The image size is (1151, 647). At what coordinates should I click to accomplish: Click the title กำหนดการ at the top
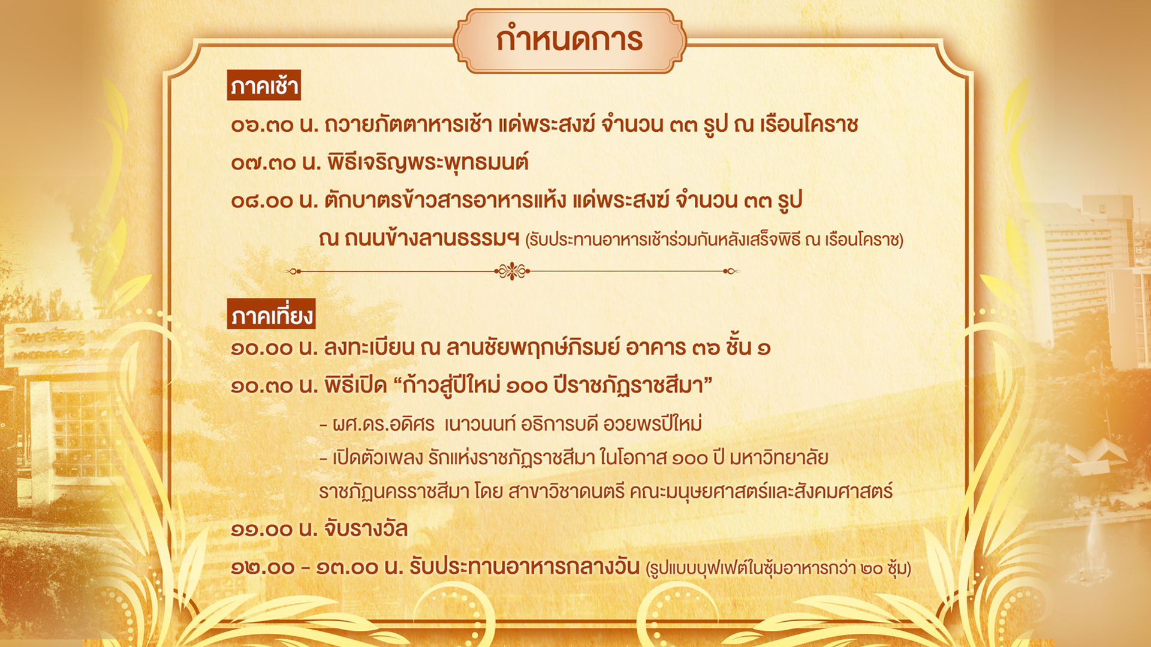click(x=570, y=40)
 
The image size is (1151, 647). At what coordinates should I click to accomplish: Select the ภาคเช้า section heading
click(x=264, y=86)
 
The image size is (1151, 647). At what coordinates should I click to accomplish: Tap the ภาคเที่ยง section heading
click(x=271, y=314)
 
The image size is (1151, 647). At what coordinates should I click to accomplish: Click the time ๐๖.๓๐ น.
click(x=275, y=125)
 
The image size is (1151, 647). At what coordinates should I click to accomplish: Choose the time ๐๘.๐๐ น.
click(x=275, y=201)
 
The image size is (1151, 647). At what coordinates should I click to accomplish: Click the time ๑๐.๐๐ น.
click(x=275, y=348)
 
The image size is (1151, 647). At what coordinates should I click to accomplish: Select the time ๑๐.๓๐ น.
click(x=275, y=386)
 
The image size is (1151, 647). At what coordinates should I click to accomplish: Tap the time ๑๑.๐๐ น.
click(x=275, y=530)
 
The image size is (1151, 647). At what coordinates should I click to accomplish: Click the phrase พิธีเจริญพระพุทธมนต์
click(x=428, y=163)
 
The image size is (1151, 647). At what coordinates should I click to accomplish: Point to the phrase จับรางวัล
click(x=366, y=529)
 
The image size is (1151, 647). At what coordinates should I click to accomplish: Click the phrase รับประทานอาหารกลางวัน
click(x=525, y=567)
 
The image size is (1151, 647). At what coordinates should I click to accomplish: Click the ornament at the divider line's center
click(x=512, y=271)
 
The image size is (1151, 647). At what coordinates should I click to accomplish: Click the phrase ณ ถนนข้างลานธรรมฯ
click(x=419, y=239)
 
